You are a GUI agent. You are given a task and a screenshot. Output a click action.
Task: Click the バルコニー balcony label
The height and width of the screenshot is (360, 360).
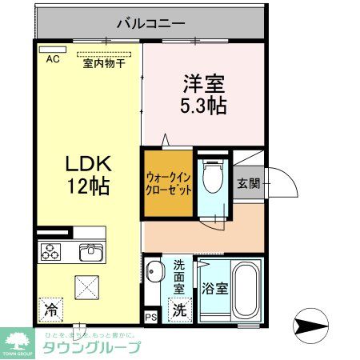click(151, 22)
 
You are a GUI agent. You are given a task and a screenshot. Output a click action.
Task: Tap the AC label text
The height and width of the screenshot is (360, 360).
click(53, 59)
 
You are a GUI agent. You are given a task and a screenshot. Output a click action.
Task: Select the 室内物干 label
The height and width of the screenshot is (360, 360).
click(103, 64)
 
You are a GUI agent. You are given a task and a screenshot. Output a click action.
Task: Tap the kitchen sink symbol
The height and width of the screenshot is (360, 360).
click(92, 252)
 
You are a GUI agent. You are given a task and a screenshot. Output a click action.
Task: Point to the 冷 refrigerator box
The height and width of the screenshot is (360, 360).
click(51, 307)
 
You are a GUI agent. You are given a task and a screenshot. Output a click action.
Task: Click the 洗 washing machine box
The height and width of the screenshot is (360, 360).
click(180, 307)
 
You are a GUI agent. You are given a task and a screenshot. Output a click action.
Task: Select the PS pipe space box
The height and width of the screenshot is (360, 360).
click(151, 315)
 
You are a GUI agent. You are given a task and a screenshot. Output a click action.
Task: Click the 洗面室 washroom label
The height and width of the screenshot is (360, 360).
click(179, 276)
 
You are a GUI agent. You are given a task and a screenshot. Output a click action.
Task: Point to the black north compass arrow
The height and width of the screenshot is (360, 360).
click(313, 326)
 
